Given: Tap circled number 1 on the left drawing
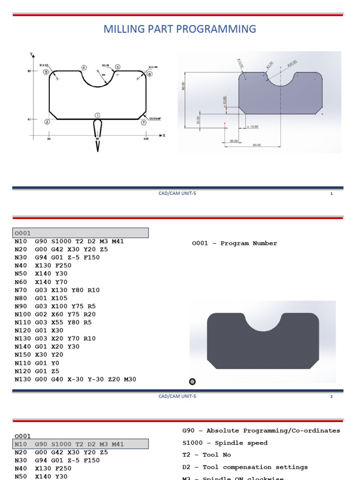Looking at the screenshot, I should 97,115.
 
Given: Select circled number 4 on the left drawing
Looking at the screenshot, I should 84,67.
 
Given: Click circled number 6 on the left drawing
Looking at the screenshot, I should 150,74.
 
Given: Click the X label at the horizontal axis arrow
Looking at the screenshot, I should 164,135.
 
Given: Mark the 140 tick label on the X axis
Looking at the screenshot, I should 145,140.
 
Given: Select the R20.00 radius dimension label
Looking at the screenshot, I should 292,64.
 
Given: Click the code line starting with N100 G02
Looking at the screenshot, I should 55,314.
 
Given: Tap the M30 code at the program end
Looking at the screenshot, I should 130,379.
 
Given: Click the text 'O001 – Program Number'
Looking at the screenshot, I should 234,243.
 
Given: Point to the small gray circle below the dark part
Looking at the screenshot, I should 192,382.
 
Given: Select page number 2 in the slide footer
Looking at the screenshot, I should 331,397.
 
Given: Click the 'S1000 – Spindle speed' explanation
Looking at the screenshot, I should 225,442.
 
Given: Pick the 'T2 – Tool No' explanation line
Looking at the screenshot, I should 206,455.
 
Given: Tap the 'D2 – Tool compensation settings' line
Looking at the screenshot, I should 245,467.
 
